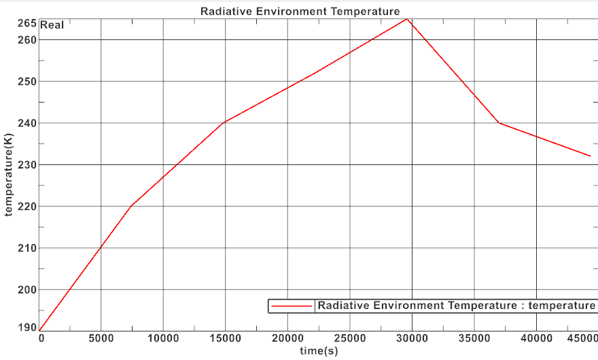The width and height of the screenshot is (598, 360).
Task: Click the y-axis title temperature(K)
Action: [x=9, y=175]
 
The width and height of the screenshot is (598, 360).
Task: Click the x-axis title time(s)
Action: [x=318, y=351]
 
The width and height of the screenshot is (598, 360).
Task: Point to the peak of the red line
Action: [x=406, y=18]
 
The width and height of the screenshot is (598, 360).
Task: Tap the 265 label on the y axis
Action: [x=28, y=23]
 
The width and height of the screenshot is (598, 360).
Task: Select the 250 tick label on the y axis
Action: [x=28, y=82]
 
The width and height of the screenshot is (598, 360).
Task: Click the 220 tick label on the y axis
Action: [x=28, y=206]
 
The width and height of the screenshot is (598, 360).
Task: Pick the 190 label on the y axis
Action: [x=28, y=327]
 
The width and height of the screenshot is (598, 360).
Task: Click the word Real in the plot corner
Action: [x=52, y=26]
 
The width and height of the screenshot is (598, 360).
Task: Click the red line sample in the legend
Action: [x=292, y=306]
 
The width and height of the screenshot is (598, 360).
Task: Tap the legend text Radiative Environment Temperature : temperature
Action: [x=456, y=306]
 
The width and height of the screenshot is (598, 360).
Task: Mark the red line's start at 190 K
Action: [x=40, y=331]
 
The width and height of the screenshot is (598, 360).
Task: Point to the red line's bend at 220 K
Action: [x=131, y=206]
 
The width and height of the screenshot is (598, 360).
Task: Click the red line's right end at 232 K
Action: [x=591, y=156]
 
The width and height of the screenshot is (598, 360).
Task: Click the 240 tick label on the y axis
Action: [x=28, y=123]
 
